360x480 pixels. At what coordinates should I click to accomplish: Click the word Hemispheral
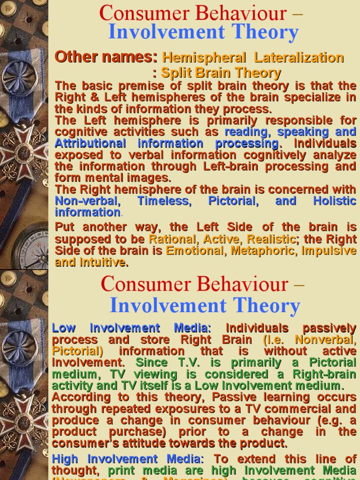pos(204,58)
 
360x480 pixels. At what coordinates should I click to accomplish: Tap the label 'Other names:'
pos(106,57)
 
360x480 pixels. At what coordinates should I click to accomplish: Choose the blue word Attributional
pos(90,143)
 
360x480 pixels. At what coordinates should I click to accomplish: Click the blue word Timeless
pos(164,201)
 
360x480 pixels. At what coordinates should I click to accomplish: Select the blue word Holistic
pos(335,201)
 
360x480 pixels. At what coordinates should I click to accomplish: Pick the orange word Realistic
pos(271,239)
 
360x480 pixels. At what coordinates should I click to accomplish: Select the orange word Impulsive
pos(329,250)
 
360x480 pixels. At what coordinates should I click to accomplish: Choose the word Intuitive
pos(105,262)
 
